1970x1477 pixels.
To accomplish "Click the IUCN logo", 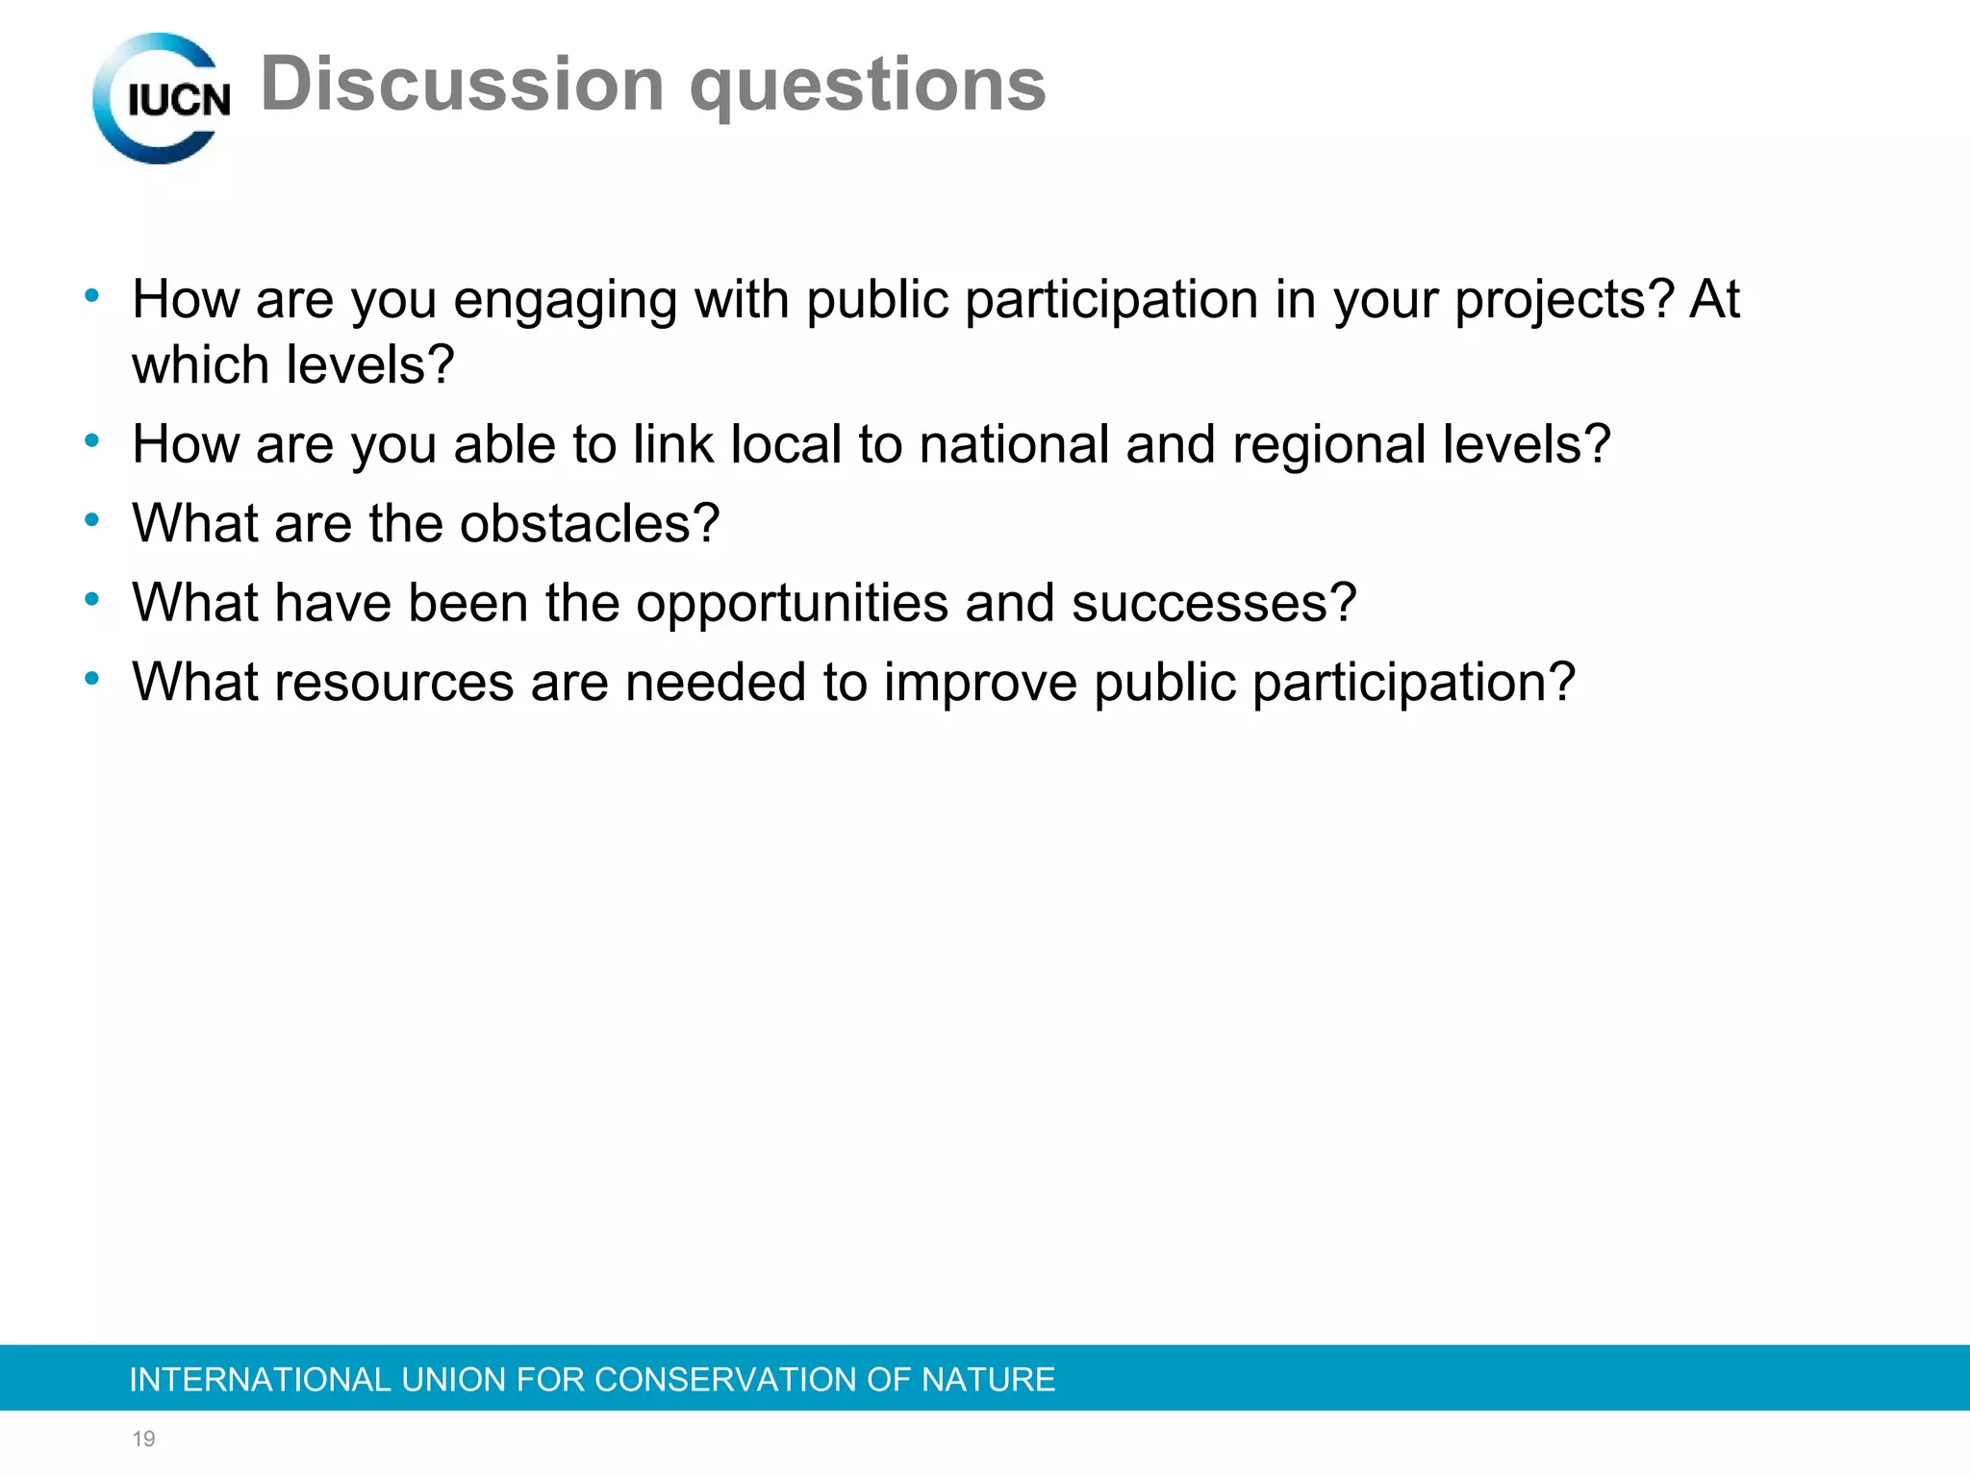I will click(162, 98).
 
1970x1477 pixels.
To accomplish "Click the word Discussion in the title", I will click(462, 85).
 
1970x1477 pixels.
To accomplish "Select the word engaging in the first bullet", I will click(565, 300).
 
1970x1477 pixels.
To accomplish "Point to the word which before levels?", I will click(200, 365).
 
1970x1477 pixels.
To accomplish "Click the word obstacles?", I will click(589, 524).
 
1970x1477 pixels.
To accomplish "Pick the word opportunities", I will click(792, 604).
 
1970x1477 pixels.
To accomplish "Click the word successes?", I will click(1213, 604).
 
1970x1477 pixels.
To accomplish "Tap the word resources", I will click(394, 683).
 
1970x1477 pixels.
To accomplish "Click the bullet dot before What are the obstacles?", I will click(92, 520).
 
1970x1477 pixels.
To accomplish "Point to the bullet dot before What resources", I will click(92, 679).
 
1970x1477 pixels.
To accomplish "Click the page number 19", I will click(143, 1439).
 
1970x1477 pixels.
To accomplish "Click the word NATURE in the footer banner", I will click(988, 1380).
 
